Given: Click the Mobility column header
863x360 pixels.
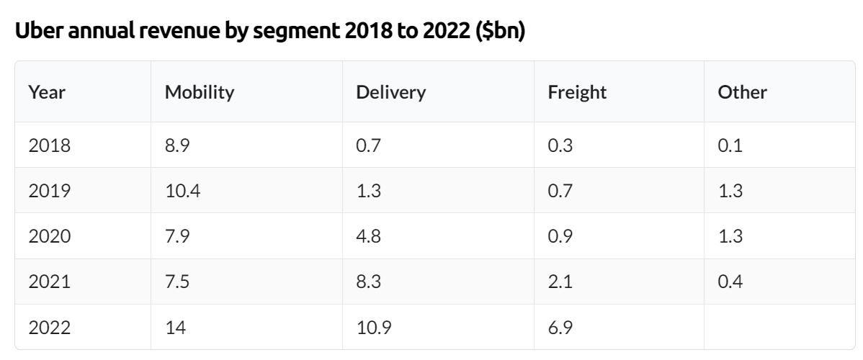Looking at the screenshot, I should pyautogui.click(x=200, y=93).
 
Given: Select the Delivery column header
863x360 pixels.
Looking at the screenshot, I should pyautogui.click(x=391, y=93).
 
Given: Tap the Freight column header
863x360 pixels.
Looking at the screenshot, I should pyautogui.click(x=577, y=93).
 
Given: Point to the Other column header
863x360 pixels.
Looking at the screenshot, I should pyautogui.click(x=742, y=93).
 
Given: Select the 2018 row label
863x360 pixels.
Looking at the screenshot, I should pyautogui.click(x=50, y=145).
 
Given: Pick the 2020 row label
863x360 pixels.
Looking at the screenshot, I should pyautogui.click(x=50, y=236).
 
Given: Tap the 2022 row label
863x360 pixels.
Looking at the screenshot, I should pyautogui.click(x=50, y=328).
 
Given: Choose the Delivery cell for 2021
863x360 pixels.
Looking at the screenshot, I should pyautogui.click(x=370, y=282).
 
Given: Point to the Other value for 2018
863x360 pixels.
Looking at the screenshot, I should pyautogui.click(x=730, y=145).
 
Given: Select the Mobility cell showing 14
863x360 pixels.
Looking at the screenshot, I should pyautogui.click(x=176, y=328).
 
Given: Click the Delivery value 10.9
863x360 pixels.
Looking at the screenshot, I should pyautogui.click(x=374, y=328).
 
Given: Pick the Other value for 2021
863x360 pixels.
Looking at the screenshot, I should pyautogui.click(x=730, y=282).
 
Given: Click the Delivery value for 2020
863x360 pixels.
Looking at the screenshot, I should pyautogui.click(x=370, y=236).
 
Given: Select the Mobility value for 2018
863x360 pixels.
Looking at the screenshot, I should pyautogui.click(x=177, y=145).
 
